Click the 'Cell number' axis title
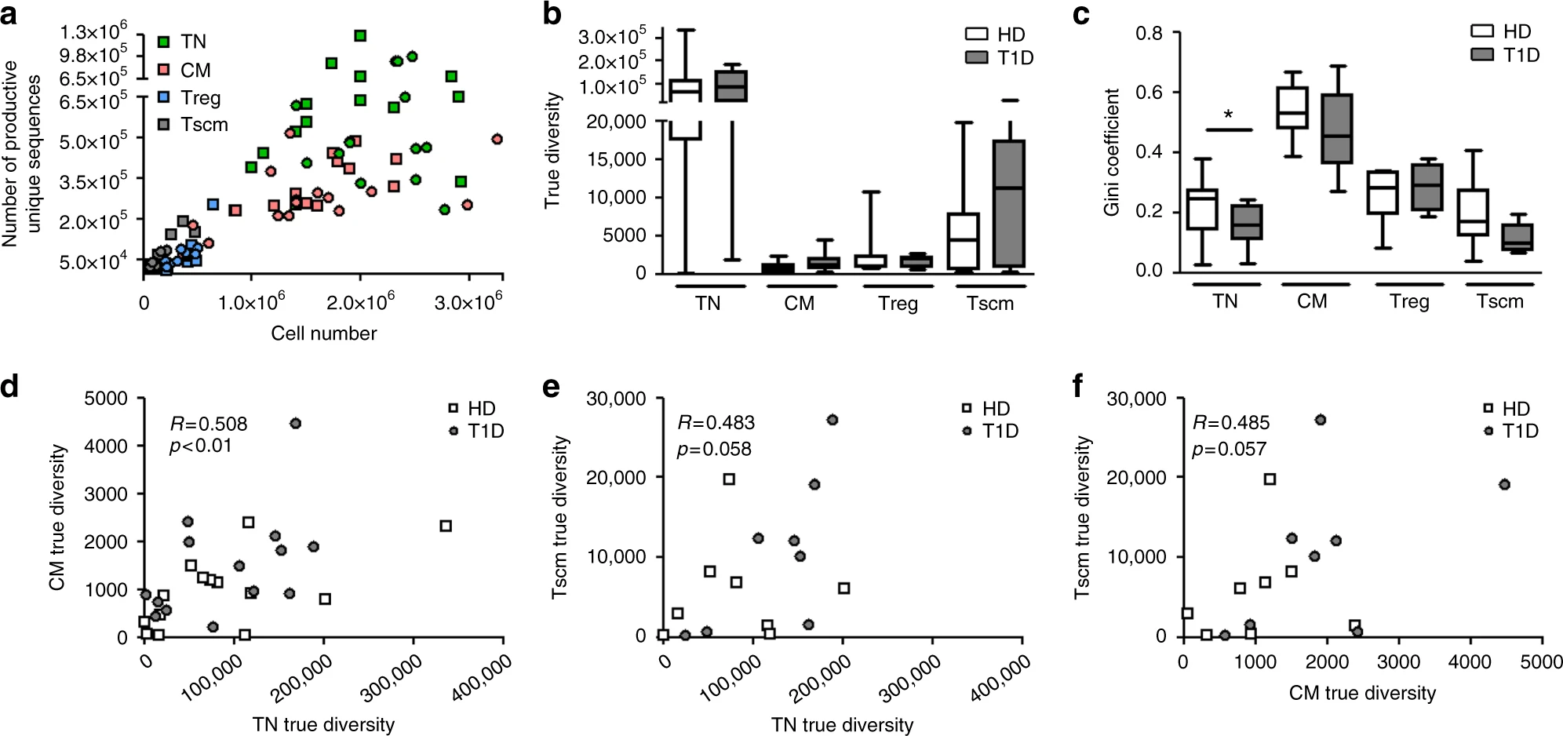[x=323, y=333]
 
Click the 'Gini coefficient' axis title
[x=1111, y=152]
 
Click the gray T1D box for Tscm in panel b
[x=1009, y=204]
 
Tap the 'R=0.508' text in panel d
[x=209, y=424]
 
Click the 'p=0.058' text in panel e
[x=714, y=450]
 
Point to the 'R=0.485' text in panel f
[x=1230, y=423]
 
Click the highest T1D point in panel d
[x=295, y=424]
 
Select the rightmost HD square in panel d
[x=446, y=526]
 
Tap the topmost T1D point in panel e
[x=833, y=420]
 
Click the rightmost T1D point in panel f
[x=1504, y=485]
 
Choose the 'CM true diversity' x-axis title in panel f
[x=1362, y=693]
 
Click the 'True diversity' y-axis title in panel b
[x=552, y=150]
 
